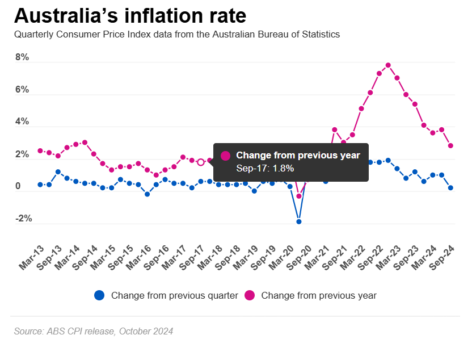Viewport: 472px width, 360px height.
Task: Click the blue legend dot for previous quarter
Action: (x=100, y=295)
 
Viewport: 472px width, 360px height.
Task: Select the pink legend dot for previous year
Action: (x=250, y=295)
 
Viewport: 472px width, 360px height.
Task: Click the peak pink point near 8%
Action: (x=388, y=65)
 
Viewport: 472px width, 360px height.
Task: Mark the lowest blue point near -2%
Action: (x=299, y=221)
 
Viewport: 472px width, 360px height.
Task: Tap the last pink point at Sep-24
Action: (x=450, y=145)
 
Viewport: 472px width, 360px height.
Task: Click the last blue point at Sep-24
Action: (x=450, y=188)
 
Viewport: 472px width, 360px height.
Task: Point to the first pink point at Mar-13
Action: (x=40, y=150)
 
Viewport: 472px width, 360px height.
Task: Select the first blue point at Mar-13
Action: (x=40, y=185)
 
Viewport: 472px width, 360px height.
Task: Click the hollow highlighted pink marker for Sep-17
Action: (x=201, y=162)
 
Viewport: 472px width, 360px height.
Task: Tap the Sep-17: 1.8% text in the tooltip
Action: (x=265, y=168)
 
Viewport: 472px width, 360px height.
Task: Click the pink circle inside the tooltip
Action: (x=225, y=156)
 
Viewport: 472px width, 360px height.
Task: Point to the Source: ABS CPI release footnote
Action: (x=94, y=331)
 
